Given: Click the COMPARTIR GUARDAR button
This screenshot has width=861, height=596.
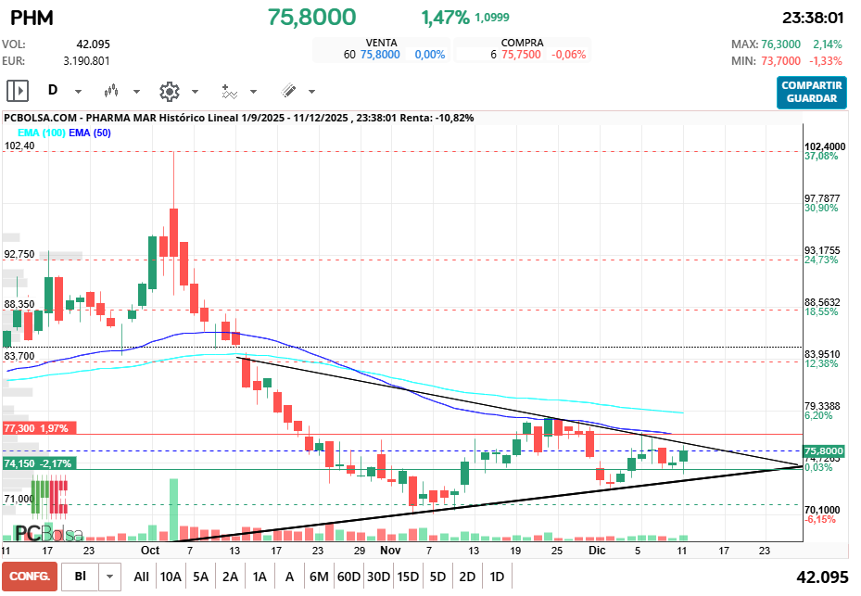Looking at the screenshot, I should pos(812,92).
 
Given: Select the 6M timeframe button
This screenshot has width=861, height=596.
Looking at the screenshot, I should pos(319,576).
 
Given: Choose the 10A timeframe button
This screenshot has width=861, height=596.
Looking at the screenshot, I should pos(171,576).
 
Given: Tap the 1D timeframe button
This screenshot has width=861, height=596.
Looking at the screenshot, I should pos(497,576).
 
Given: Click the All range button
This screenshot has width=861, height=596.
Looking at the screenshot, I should pos(141,576).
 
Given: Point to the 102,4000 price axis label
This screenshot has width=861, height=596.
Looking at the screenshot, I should pos(825,146).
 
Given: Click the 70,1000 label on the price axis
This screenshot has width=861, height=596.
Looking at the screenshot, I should pos(822,510).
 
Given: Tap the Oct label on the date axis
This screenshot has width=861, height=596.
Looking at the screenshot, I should pos(151,550).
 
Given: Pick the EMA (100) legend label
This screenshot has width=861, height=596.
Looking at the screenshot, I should pos(41,133).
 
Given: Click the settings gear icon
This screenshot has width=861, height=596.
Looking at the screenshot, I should pos(169,91).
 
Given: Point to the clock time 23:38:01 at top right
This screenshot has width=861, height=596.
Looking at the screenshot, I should pos(812,17).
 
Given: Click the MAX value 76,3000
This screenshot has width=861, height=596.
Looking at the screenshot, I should pos(781,44).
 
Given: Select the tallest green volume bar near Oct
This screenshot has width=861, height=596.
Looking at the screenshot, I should pos(173,509).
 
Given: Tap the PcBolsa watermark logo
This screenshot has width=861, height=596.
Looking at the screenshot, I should pos(48,534).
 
